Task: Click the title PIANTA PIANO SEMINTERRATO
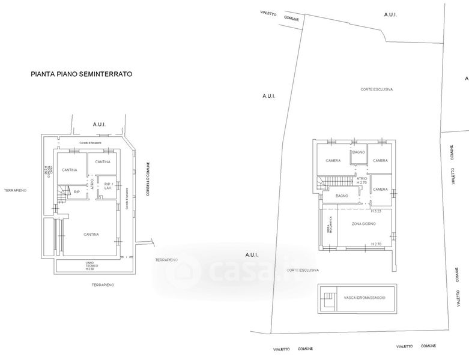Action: pos(82,75)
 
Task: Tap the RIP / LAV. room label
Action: pos(109,186)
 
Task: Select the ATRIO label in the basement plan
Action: pos(92,185)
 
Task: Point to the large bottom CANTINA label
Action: pos(91,234)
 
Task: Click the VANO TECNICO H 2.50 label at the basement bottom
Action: pos(89,266)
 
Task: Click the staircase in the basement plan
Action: pos(62,193)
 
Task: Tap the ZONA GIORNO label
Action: pos(363,223)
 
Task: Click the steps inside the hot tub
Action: pos(328,298)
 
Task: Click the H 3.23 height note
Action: pos(377,211)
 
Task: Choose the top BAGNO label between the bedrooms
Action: pos(359,152)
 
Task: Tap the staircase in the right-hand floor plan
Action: pos(334,181)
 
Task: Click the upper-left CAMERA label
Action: pos(333,161)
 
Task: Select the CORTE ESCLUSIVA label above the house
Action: pos(377,89)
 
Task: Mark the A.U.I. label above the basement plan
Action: pos(99,124)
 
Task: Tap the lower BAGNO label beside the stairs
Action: pos(342,196)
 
